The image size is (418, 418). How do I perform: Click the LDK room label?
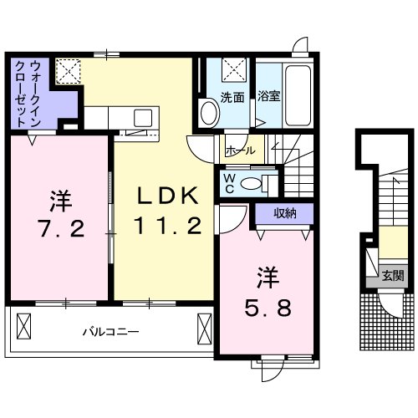(168, 196)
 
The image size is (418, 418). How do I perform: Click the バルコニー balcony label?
(110, 331)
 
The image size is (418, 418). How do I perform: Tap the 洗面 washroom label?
(232, 97)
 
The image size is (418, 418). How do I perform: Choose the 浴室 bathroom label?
(268, 97)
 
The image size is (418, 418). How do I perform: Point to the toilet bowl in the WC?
(268, 183)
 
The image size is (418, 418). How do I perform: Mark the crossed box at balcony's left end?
(23, 324)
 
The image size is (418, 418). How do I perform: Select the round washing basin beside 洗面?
(206, 112)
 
